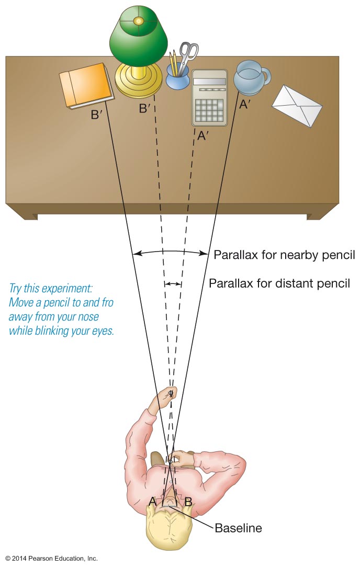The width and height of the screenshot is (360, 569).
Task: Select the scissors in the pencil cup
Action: (x=188, y=53)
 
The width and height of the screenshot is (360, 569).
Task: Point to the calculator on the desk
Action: (x=209, y=98)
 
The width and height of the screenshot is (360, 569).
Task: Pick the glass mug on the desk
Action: (x=250, y=78)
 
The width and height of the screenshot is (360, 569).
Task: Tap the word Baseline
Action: (x=238, y=528)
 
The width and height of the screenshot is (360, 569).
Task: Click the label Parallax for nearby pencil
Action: (x=284, y=255)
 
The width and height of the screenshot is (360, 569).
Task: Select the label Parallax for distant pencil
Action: (x=279, y=284)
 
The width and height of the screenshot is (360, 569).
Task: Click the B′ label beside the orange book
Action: (x=96, y=115)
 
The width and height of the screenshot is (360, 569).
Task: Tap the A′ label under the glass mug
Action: (x=245, y=104)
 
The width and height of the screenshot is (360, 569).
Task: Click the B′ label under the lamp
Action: (x=145, y=109)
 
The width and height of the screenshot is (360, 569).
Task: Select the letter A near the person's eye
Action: (x=152, y=501)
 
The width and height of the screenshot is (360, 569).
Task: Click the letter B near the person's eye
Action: (x=188, y=501)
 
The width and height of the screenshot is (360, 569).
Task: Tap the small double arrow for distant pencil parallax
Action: (x=173, y=284)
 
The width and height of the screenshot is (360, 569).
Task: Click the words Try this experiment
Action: (x=50, y=288)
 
